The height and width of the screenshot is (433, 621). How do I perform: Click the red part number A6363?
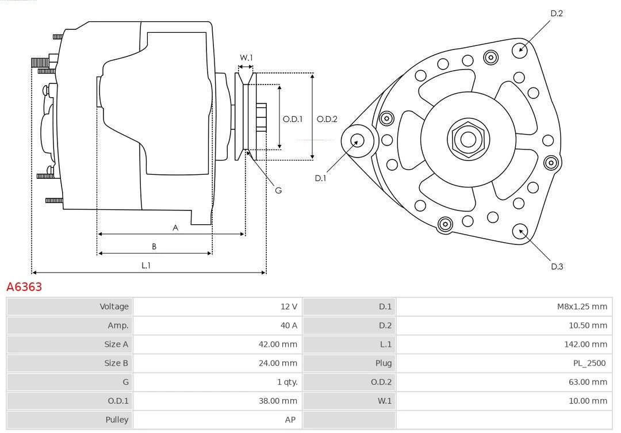click(x=24, y=286)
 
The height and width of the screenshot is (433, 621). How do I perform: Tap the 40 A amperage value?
click(x=289, y=325)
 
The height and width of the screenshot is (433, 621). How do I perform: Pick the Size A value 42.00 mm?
click(x=278, y=344)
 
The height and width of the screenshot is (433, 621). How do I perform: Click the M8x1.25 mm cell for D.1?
click(x=581, y=306)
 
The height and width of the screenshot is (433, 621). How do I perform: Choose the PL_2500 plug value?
click(x=589, y=363)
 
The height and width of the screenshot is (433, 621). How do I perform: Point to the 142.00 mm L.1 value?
click(x=585, y=344)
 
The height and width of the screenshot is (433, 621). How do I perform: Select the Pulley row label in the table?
click(x=117, y=420)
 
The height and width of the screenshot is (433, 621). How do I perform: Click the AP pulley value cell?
click(x=290, y=420)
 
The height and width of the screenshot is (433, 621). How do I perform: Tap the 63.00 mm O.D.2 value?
click(x=587, y=382)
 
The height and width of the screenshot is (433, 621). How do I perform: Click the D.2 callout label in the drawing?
click(x=557, y=13)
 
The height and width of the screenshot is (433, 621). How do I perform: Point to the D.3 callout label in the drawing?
click(x=557, y=266)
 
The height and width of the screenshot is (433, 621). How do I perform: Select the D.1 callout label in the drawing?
click(x=320, y=178)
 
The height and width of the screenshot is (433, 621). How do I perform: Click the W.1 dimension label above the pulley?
click(x=246, y=58)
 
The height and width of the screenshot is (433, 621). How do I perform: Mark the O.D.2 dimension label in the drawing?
click(x=327, y=119)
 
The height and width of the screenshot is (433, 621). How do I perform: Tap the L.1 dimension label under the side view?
click(x=146, y=265)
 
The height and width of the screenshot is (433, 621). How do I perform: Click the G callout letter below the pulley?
click(x=278, y=190)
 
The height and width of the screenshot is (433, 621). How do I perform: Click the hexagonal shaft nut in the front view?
click(x=468, y=139)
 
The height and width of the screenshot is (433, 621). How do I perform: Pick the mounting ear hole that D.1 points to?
click(x=357, y=140)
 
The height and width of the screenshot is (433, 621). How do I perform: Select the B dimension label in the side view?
click(x=154, y=246)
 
